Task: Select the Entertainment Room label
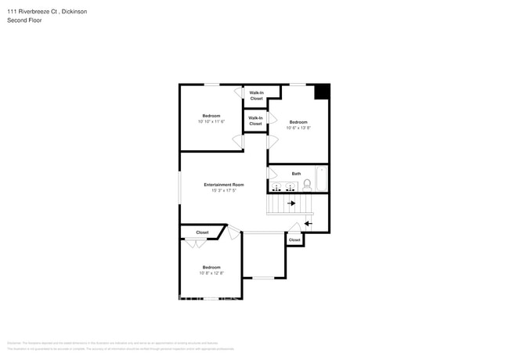(223, 185)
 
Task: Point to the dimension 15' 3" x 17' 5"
(223, 190)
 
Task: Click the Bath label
(296, 174)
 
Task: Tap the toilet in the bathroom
(307, 185)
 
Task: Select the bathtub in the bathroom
(321, 178)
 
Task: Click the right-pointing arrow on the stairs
(291, 203)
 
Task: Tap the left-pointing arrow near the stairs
(308, 224)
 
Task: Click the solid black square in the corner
(322, 92)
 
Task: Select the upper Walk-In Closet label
(256, 95)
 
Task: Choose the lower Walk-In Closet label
(255, 121)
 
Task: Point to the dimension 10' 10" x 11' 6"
(211, 121)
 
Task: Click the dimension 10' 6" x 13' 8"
(298, 128)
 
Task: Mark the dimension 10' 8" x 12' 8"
(211, 273)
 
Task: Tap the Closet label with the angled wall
(202, 232)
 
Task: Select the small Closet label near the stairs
(294, 240)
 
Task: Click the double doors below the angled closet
(195, 243)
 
